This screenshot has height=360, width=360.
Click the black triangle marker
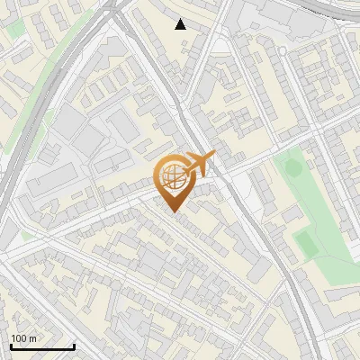(181, 24)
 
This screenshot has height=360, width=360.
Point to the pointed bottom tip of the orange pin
(172, 211)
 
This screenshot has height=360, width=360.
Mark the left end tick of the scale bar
(10, 346)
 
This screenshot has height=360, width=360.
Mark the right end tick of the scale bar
(75, 346)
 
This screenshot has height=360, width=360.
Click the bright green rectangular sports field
(307, 242)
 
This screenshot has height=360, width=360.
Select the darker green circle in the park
(290, 166)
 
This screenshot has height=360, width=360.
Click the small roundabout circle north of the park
(282, 51)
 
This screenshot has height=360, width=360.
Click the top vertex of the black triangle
(181, 19)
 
